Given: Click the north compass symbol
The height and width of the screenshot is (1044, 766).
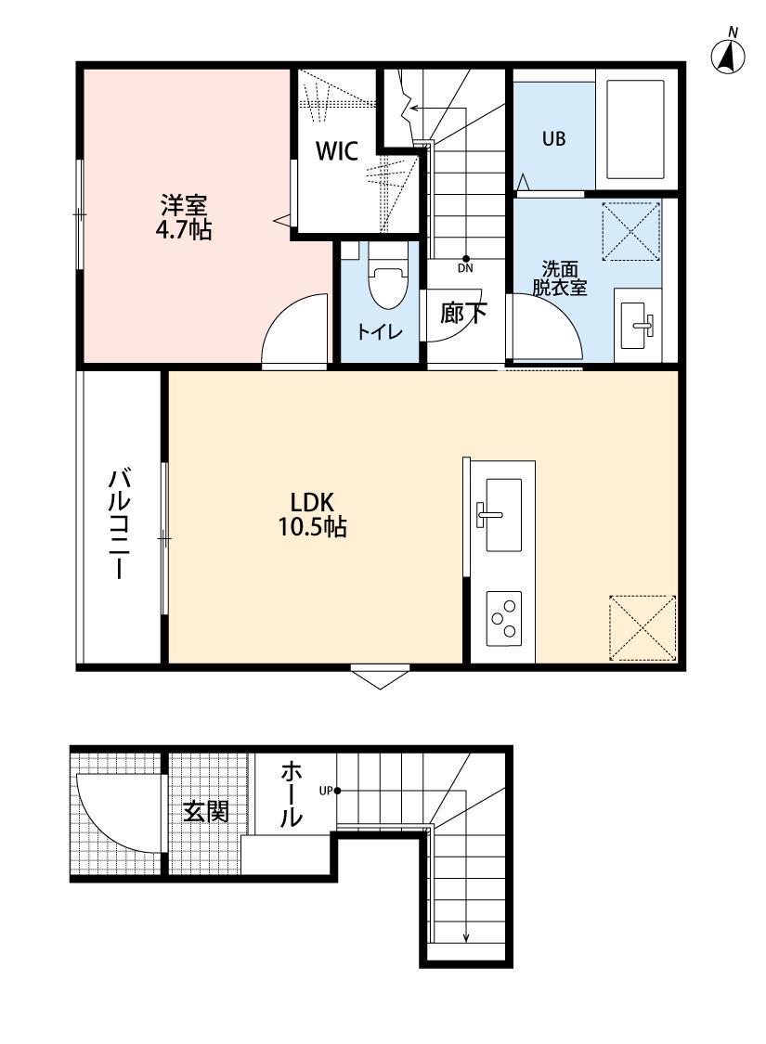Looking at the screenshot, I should tap(729, 57).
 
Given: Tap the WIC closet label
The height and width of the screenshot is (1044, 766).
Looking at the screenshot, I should tap(337, 152).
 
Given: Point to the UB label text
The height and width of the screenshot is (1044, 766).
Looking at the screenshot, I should tap(553, 138).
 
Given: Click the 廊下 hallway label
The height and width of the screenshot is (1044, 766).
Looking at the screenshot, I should tap(462, 314).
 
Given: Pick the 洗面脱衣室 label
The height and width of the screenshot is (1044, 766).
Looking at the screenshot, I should tap(559, 278).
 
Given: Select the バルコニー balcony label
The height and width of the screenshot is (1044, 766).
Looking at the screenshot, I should tap(119, 524).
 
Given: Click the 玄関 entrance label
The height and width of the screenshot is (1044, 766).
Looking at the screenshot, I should tap(204, 812).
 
